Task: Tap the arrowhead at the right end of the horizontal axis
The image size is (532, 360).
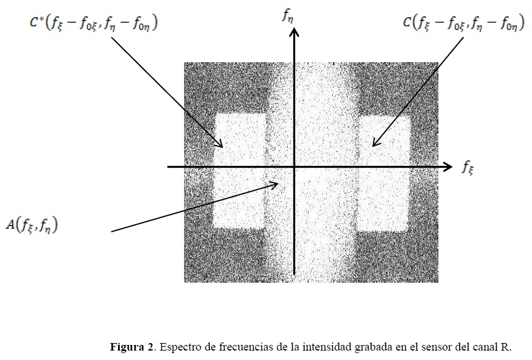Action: tap(448, 166)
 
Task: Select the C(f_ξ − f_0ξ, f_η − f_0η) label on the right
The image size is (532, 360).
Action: tap(463, 25)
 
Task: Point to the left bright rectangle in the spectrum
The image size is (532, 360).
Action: tap(241, 170)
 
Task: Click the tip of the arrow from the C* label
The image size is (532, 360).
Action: tap(222, 146)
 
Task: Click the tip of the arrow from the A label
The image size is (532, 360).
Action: tap(279, 183)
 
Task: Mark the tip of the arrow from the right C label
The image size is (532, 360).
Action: tap(373, 146)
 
